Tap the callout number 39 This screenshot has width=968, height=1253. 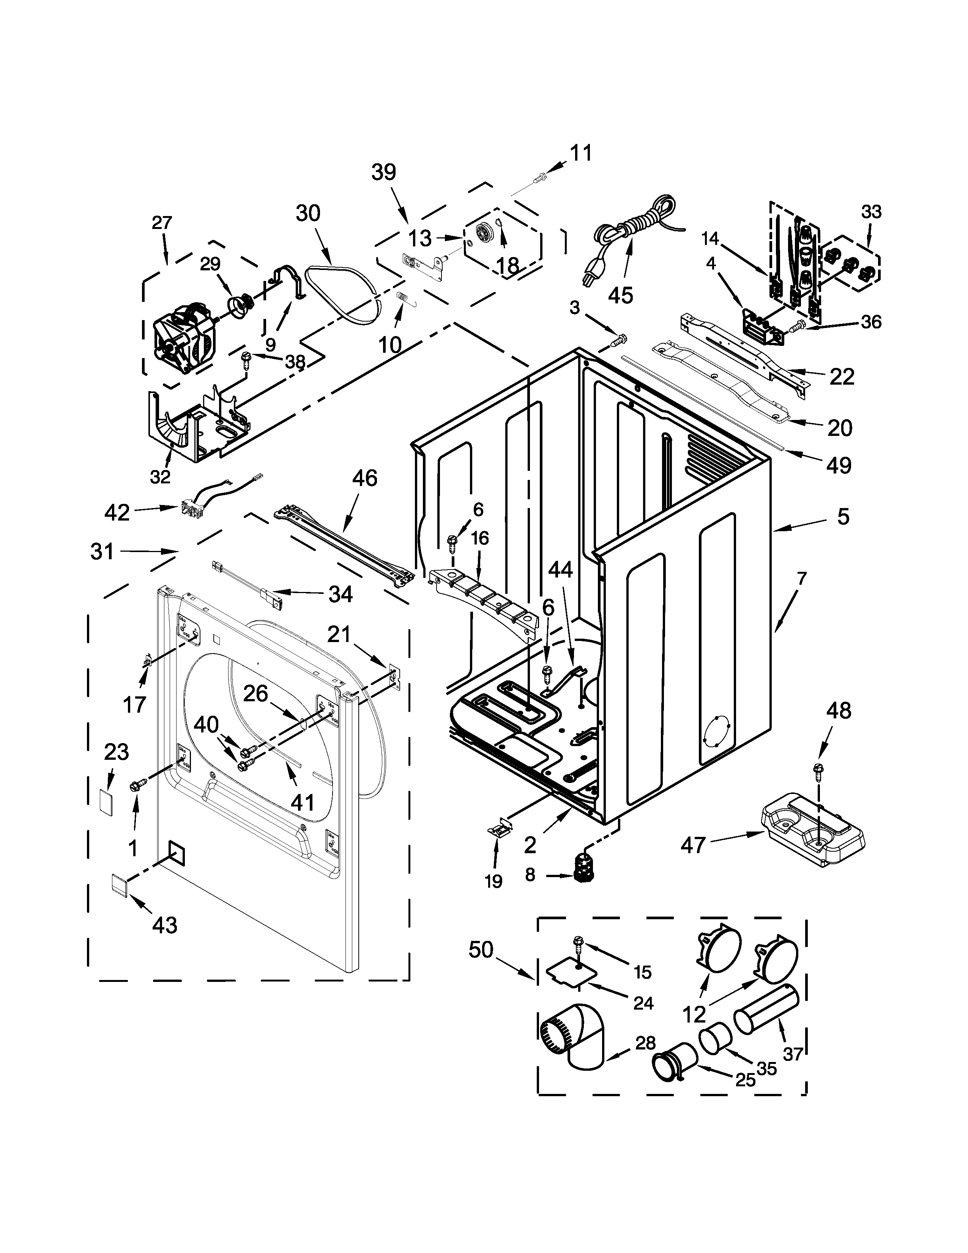click(384, 172)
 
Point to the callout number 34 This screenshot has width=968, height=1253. click(340, 594)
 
